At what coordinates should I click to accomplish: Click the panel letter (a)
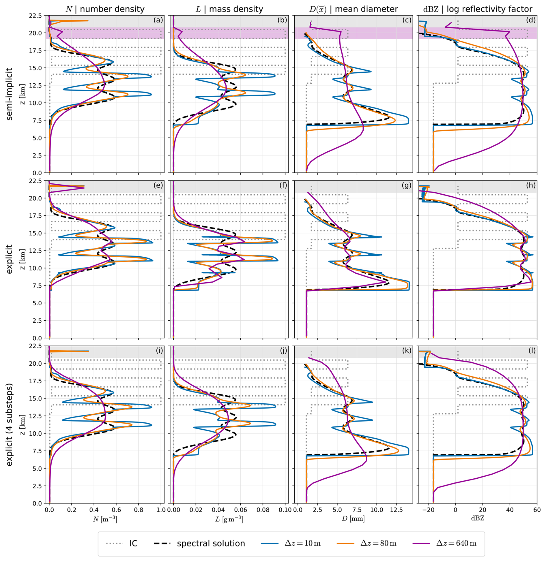158,20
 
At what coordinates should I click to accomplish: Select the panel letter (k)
407,351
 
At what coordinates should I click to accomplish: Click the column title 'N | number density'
105,9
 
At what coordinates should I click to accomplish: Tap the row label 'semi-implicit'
9,94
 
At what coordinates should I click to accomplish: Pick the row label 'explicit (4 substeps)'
9,424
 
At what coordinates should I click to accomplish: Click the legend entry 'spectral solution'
211,544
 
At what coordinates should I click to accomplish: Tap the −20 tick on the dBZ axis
428,510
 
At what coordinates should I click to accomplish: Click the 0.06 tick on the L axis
241,510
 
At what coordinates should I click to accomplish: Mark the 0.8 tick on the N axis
139,510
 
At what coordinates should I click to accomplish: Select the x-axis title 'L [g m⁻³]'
229,519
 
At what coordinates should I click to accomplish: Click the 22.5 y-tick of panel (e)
36,181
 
